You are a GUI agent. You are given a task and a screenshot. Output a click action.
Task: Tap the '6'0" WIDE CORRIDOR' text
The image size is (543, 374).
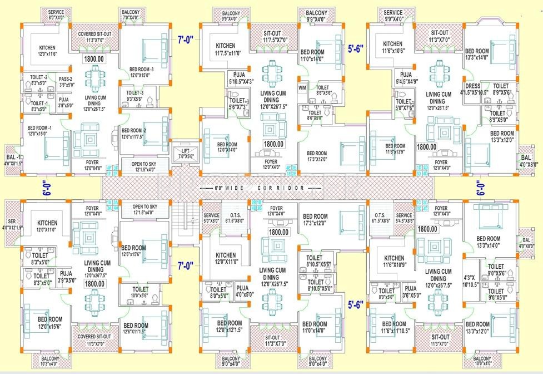pos(260,188)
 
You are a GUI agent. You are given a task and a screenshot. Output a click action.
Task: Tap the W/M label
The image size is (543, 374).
pos(302,87)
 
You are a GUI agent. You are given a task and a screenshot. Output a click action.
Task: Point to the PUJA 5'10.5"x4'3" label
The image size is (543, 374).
pos(241,78)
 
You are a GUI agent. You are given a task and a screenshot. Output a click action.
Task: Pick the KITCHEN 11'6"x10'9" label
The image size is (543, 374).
pos(393,262)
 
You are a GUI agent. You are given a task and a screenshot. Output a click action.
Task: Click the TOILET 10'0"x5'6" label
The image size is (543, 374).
pos(140,292)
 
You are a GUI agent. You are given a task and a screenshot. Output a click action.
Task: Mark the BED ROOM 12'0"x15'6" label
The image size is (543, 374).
pos(49,323)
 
